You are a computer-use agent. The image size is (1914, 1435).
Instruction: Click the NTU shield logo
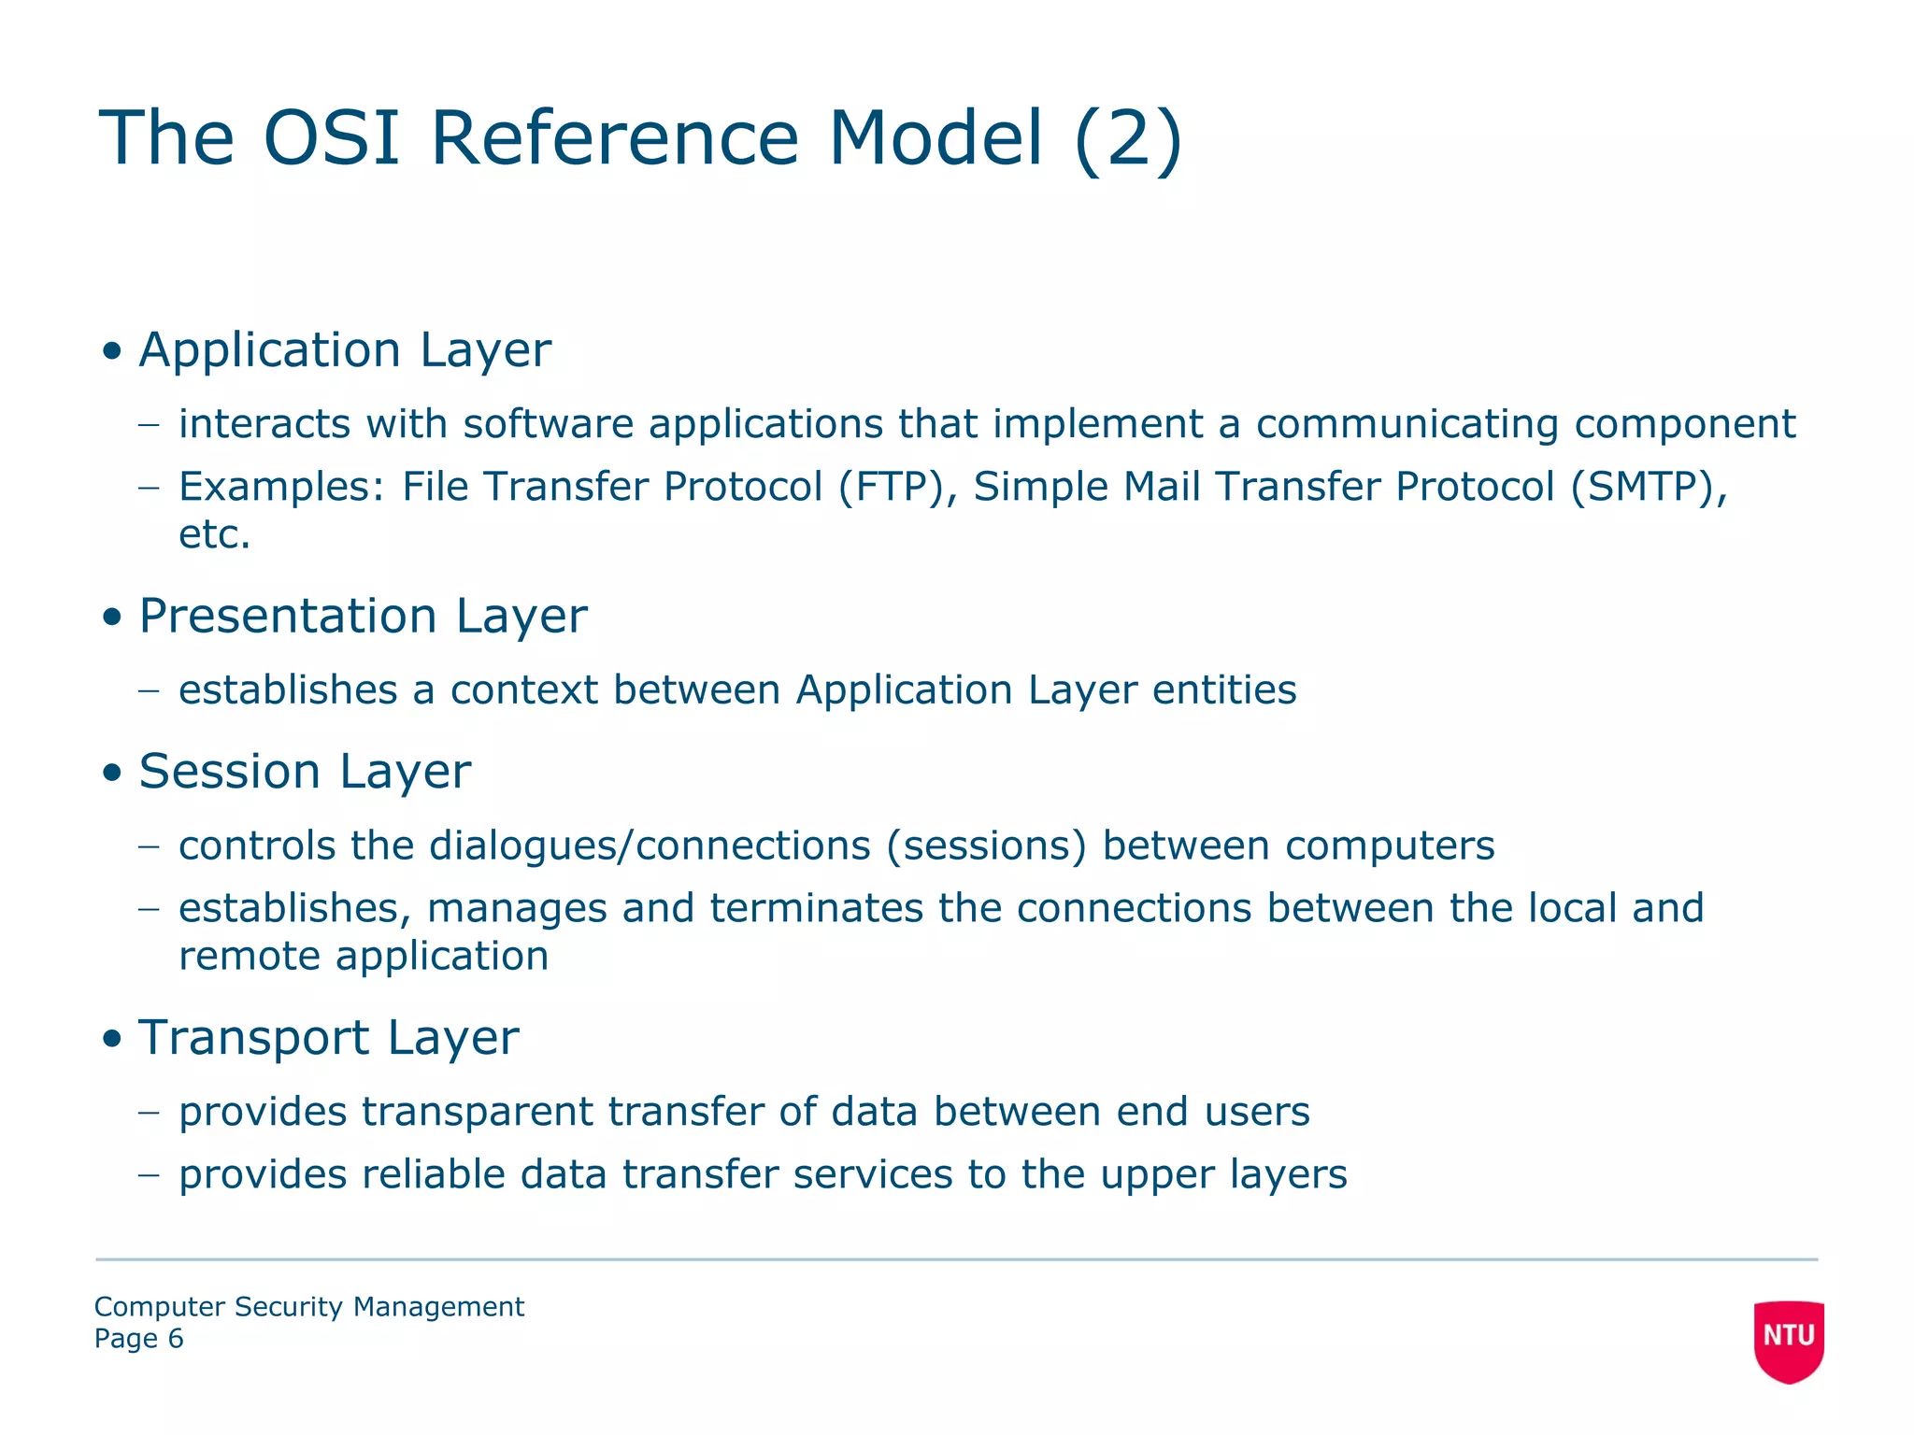coord(1788,1339)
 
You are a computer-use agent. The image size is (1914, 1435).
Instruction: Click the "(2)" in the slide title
coord(1128,139)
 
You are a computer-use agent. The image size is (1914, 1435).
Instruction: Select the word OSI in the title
coord(331,139)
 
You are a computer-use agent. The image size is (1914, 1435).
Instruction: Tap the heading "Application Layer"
coord(345,350)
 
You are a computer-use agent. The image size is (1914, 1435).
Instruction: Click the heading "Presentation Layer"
coord(363,617)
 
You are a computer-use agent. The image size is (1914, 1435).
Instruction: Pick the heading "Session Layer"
coord(305,772)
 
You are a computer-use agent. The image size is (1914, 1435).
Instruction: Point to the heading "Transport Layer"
coord(328,1038)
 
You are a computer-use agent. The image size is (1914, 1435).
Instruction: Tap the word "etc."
coord(215,535)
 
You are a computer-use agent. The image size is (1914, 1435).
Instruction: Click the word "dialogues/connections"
coord(650,845)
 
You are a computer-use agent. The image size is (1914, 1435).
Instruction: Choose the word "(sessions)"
coord(986,845)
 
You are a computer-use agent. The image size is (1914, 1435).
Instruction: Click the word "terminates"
coord(816,908)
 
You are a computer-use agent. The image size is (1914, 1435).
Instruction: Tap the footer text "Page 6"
coord(138,1339)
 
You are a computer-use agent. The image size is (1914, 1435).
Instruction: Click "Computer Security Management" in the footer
coord(309,1306)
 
